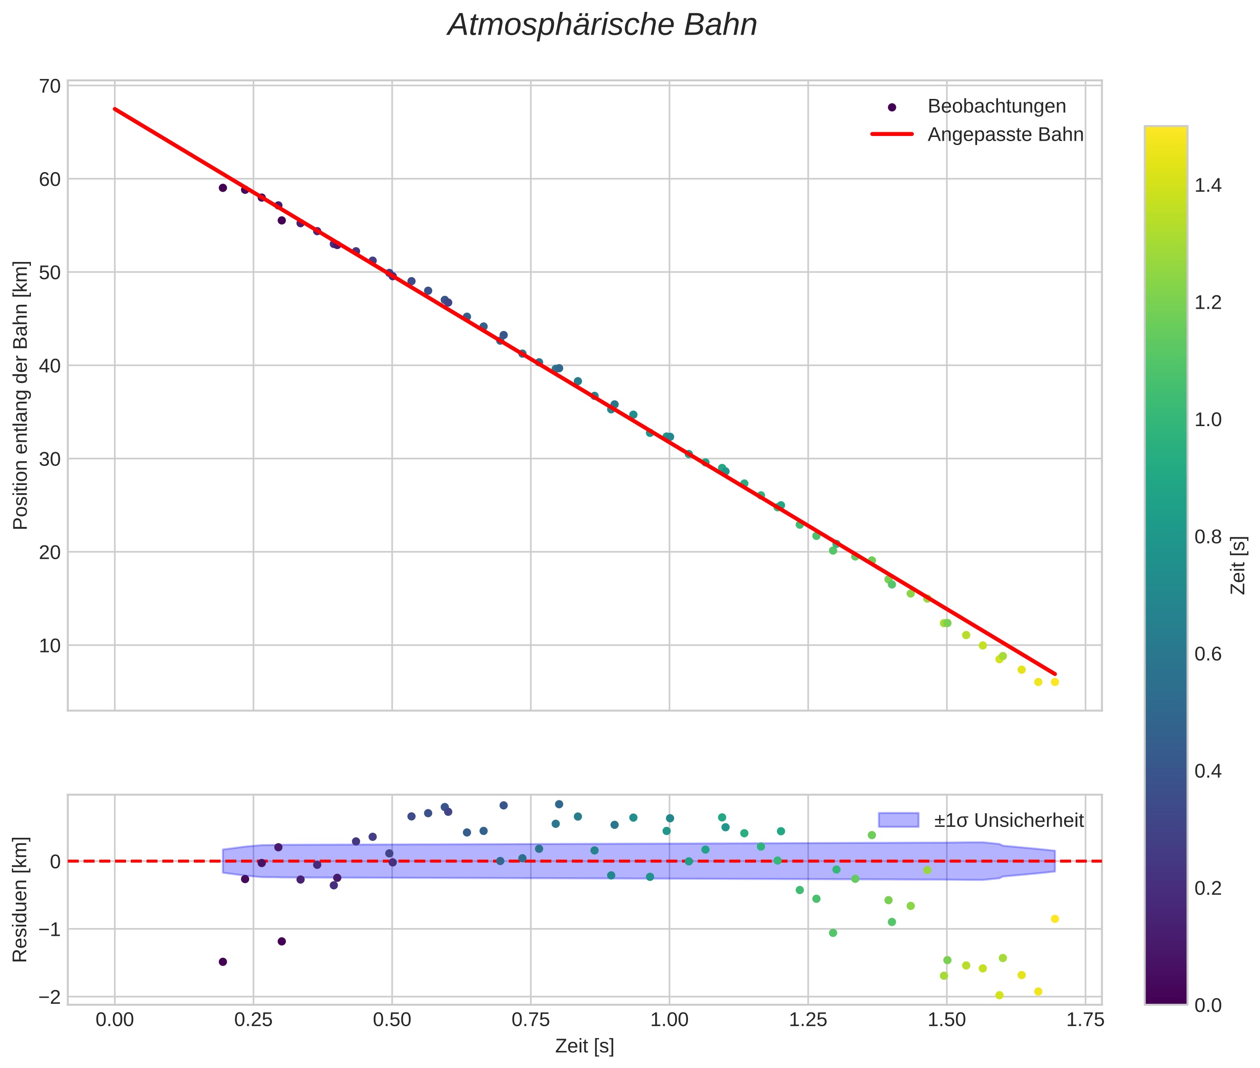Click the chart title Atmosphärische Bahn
coord(602,25)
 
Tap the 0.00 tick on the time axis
coord(115,1020)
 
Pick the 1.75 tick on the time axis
coord(1085,1020)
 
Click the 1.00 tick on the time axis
coord(669,1020)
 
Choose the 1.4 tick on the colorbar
coord(1208,185)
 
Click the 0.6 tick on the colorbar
coord(1208,654)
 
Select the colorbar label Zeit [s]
coord(1239,565)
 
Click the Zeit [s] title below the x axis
coord(584,1046)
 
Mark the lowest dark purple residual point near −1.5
coord(223,961)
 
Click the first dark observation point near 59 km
coord(223,188)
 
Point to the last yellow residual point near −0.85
coord(1055,919)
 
